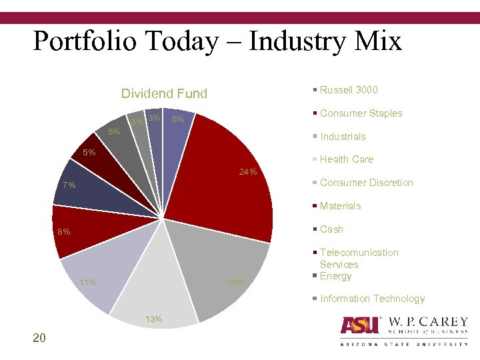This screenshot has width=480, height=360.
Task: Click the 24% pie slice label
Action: coord(247,173)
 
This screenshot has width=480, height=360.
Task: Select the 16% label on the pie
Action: coord(235,283)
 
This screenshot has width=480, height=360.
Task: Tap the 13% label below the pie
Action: coord(154,319)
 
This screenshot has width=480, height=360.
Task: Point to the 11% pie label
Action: coord(87,283)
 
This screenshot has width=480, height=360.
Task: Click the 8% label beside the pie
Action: coord(63,233)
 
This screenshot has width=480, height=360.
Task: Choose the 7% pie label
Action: coord(69,185)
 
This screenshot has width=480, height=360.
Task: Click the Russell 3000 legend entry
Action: coord(348,90)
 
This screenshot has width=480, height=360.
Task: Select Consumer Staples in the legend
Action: coord(361,113)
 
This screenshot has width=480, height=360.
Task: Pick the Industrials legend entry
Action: coord(343,137)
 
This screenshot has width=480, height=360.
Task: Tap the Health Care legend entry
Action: coord(346,159)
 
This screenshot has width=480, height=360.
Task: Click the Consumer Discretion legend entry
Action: coord(366,183)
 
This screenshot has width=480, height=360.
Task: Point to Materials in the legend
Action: coord(340,206)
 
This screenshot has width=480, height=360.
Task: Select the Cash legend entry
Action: coord(331,229)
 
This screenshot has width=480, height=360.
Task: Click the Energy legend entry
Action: coord(335,276)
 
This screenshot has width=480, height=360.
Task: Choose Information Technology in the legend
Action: coord(372,299)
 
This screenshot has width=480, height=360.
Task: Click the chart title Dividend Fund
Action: coord(164,94)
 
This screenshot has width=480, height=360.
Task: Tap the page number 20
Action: coord(39,339)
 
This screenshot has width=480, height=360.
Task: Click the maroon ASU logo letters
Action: coord(360,325)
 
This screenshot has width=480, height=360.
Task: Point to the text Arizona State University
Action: coord(404,344)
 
